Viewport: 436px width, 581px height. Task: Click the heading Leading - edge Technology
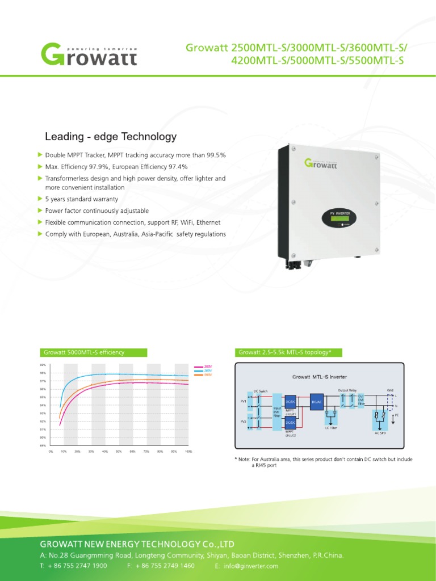coord(111,137)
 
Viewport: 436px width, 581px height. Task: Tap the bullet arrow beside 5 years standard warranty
coord(39,199)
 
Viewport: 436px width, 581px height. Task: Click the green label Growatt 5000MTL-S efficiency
coord(84,352)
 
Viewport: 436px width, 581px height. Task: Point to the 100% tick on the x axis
coord(188,452)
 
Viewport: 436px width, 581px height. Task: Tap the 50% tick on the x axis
coord(119,452)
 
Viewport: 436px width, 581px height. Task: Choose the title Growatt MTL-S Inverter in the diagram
coord(319,377)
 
